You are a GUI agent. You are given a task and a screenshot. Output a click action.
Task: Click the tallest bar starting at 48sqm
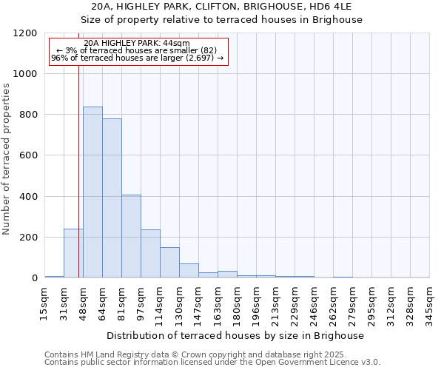point(92,192)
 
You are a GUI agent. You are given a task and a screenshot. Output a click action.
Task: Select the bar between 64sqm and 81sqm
point(112,198)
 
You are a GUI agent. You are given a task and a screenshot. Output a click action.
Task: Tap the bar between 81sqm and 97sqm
point(131,236)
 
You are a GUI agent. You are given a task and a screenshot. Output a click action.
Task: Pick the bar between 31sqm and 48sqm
point(73,253)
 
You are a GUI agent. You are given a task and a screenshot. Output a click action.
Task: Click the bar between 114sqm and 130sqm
point(169,263)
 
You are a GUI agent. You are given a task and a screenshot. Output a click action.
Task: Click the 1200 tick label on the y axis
point(23,33)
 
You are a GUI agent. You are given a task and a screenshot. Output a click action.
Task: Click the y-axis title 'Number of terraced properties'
point(7,159)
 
